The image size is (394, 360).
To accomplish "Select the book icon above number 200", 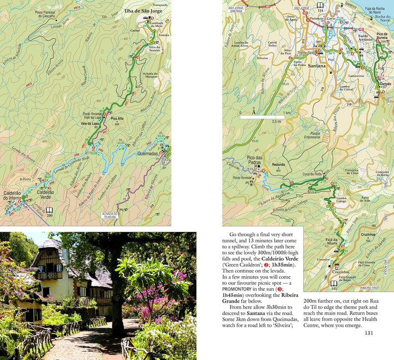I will point(49,210).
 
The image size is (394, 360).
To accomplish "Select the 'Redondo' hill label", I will point(279,165).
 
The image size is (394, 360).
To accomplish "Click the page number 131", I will point(369,334).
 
